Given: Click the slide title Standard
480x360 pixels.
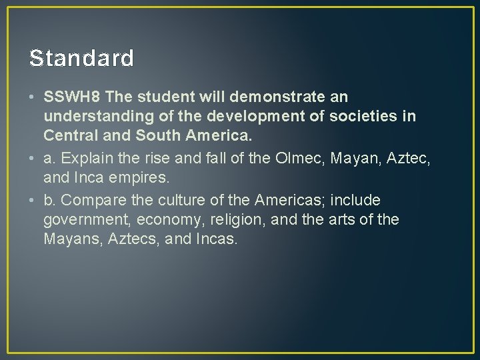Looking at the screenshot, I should click(x=81, y=58).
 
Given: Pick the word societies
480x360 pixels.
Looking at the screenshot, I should click(x=366, y=117).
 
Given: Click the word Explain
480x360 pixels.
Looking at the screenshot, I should click(x=86, y=159).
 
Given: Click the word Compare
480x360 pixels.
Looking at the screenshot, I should click(x=93, y=200).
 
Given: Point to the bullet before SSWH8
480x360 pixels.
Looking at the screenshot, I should click(x=33, y=98).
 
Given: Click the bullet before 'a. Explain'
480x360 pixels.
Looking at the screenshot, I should click(x=33, y=159).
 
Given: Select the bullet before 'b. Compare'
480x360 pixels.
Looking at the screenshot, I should click(x=33, y=201).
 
